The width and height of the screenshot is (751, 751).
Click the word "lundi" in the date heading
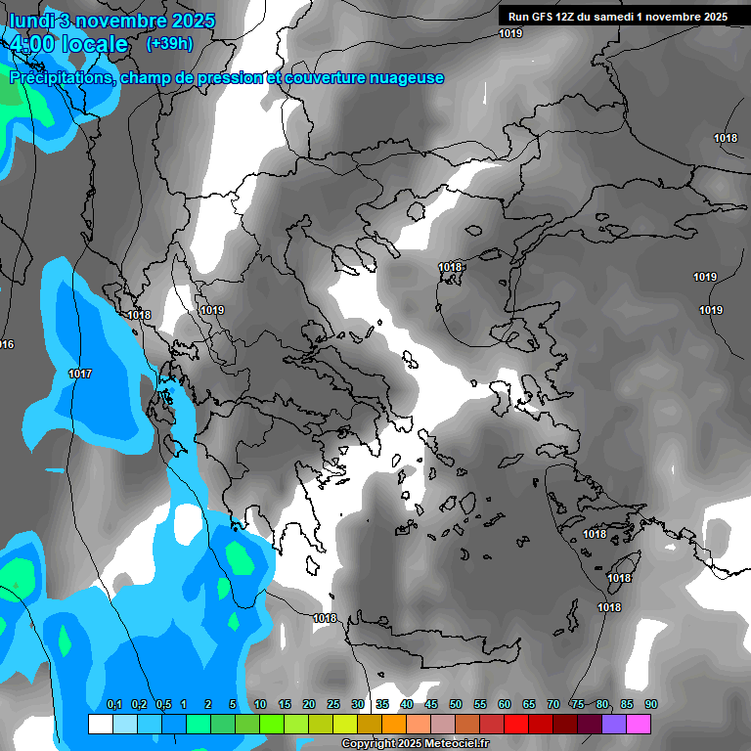(33, 21)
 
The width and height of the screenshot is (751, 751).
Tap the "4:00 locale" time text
(67, 44)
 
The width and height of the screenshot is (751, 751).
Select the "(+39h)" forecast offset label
(169, 43)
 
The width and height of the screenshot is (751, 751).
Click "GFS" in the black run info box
(543, 17)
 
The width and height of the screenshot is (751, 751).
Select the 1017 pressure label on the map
(80, 375)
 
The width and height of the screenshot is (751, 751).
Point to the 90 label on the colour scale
(650, 705)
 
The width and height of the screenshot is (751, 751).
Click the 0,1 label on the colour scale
(113, 705)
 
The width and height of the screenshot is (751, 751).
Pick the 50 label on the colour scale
(456, 705)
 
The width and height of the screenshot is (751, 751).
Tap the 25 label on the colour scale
(333, 705)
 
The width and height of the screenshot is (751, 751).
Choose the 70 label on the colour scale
(553, 705)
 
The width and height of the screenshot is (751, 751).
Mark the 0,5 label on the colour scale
(163, 705)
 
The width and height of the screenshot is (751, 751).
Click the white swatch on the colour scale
(100, 724)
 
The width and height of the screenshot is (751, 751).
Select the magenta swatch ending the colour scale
(639, 724)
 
